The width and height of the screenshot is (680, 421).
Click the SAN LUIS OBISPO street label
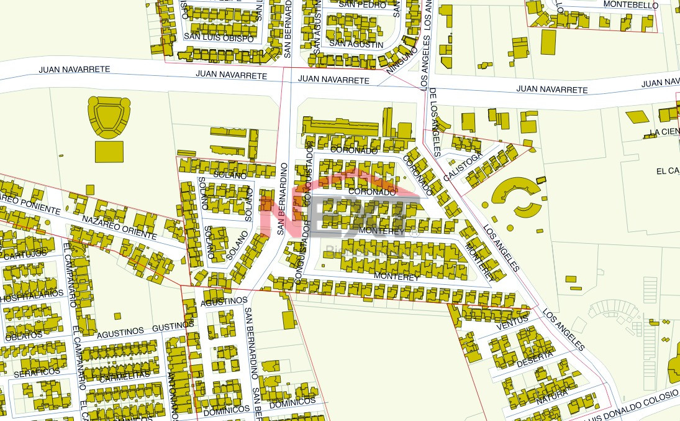(219, 39)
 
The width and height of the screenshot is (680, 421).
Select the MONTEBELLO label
(631, 5)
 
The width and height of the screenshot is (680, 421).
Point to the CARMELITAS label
(124, 376)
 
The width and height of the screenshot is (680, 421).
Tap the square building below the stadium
(109, 152)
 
